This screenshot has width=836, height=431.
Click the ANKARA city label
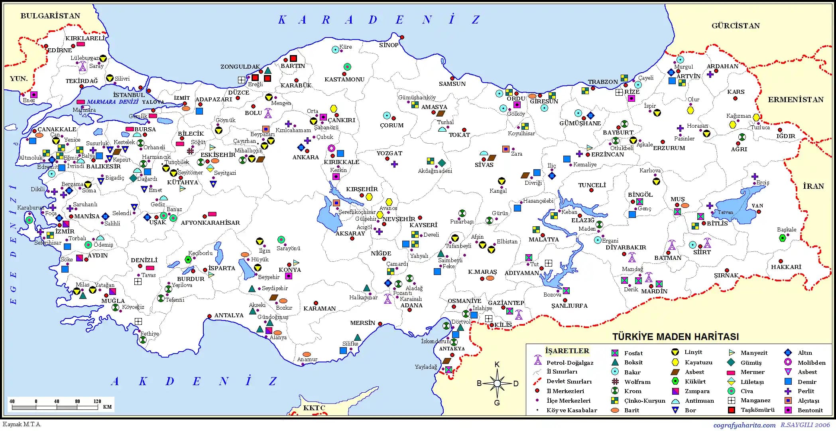[306, 157]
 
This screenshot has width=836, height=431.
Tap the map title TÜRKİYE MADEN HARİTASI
[675, 336]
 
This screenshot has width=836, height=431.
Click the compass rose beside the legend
[497, 384]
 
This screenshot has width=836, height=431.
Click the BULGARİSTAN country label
[50, 16]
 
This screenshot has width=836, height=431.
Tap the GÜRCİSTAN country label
[736, 26]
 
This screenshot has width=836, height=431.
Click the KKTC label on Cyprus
[314, 408]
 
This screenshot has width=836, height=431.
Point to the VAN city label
[757, 206]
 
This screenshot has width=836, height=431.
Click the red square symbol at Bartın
[293, 59]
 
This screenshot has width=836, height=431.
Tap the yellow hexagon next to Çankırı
[334, 109]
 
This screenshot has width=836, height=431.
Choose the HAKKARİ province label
[786, 267]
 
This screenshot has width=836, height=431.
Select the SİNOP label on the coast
[389, 45]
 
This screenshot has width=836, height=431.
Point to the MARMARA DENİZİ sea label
[112, 102]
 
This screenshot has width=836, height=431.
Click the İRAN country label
[813, 186]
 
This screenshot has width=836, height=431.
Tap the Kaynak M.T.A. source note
[22, 424]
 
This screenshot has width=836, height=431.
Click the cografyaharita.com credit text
[744, 425]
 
